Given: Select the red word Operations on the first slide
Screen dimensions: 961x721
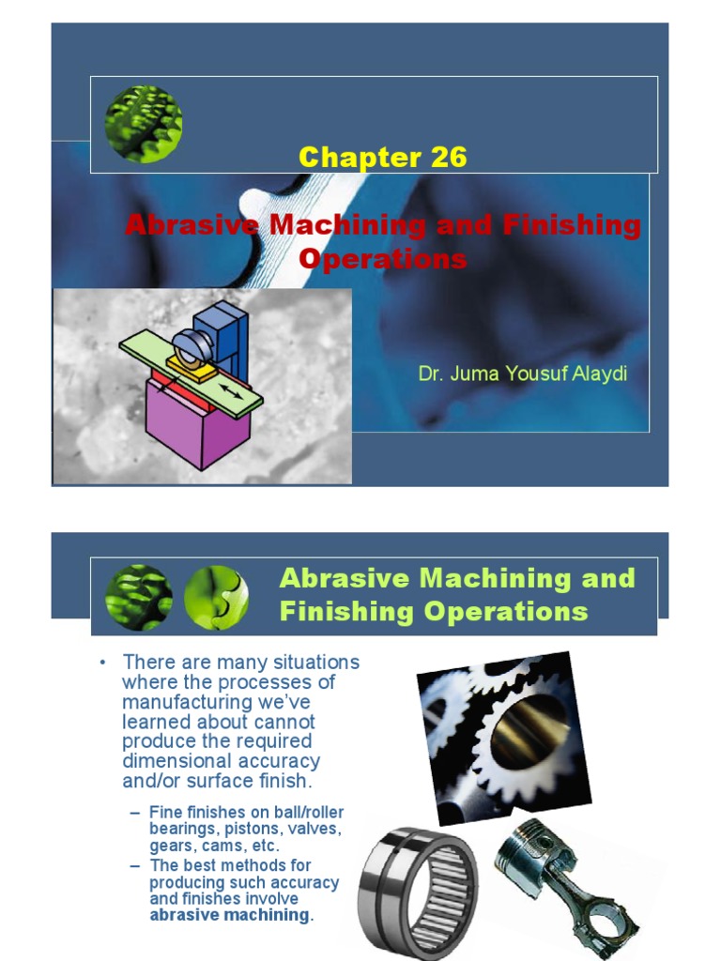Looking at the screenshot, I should coord(382,258).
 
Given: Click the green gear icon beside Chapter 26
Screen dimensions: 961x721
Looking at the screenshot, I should coord(145,124).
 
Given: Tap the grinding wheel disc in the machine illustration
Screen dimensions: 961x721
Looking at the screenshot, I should coord(192,348).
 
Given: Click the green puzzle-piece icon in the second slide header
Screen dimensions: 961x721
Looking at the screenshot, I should coord(217,597).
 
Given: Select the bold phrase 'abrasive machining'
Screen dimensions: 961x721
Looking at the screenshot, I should coord(229,915).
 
